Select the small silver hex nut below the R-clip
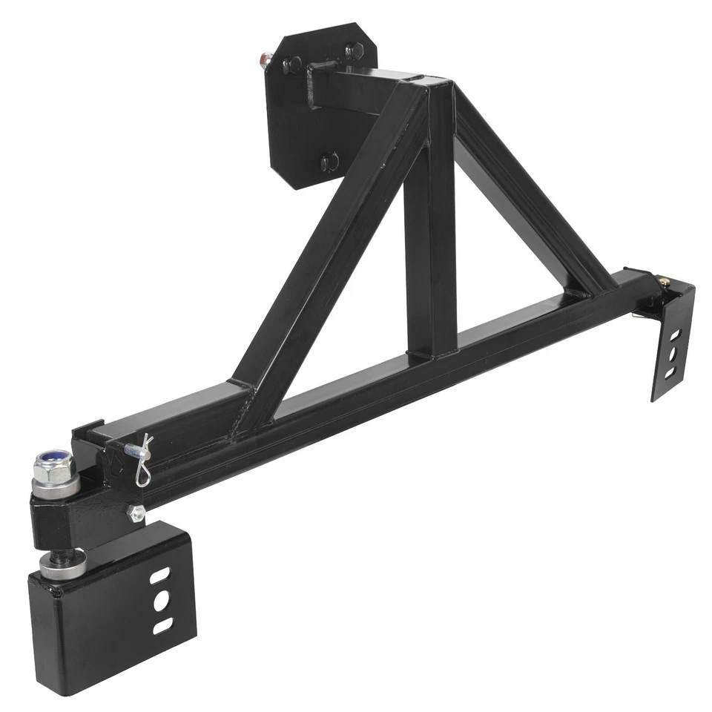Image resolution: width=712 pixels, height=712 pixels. pos(136,512)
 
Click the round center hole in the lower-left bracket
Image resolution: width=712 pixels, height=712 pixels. pos(161,601)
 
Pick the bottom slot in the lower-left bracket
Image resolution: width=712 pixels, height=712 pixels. pos(162,626)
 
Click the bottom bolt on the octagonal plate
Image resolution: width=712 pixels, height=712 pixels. pos(329,159)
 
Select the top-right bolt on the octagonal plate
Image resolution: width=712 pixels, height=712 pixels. pos(355,51)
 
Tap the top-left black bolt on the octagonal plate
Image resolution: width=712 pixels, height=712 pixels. pos(294,63)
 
